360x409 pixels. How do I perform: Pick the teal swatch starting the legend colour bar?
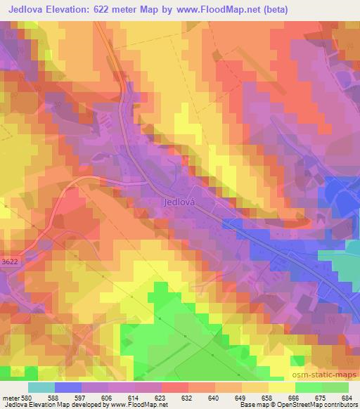(41, 387)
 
